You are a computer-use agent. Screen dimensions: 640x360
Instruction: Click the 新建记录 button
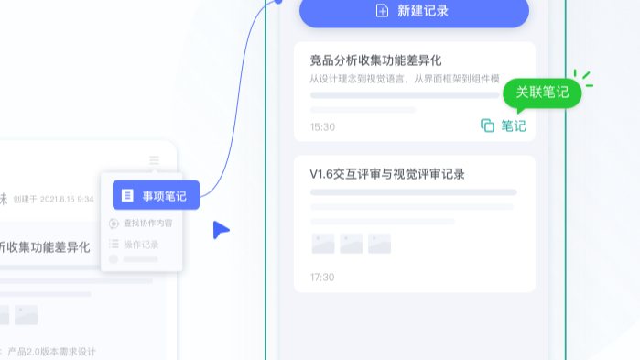pyautogui.click(x=414, y=12)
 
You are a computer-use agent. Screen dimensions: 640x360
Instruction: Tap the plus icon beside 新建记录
pyautogui.click(x=382, y=11)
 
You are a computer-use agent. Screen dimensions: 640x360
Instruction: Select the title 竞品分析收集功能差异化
pyautogui.click(x=375, y=60)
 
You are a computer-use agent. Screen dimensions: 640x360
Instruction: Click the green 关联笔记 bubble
pyautogui.click(x=542, y=93)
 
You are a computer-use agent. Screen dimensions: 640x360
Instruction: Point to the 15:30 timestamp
pyautogui.click(x=322, y=127)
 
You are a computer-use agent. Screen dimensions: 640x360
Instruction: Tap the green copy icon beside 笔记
pyautogui.click(x=487, y=125)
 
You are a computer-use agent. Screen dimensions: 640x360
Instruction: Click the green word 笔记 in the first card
pyautogui.click(x=514, y=126)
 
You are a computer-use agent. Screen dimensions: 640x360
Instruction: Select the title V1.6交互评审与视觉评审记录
pyautogui.click(x=394, y=174)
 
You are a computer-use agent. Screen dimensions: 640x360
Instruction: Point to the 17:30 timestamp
pyautogui.click(x=322, y=277)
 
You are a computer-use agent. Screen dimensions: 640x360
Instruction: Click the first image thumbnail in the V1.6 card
pyautogui.click(x=322, y=244)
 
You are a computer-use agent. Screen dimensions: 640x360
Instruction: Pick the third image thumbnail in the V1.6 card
pyautogui.click(x=379, y=244)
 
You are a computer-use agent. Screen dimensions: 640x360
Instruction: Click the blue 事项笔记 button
pyautogui.click(x=156, y=195)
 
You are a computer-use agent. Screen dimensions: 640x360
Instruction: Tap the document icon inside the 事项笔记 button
pyautogui.click(x=127, y=195)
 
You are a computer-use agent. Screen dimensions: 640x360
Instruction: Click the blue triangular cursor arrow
pyautogui.click(x=220, y=230)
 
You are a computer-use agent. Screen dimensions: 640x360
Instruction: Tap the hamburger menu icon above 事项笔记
pyautogui.click(x=154, y=160)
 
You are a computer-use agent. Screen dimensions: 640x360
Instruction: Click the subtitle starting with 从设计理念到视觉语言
pyautogui.click(x=403, y=79)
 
